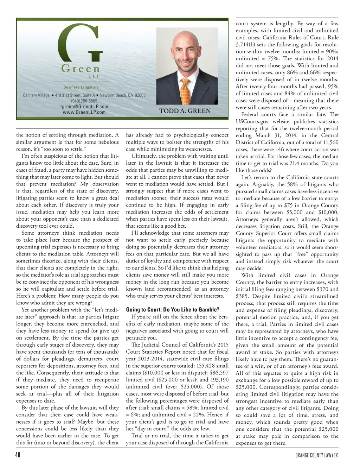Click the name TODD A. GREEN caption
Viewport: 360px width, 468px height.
pyautogui.click(x=185, y=111)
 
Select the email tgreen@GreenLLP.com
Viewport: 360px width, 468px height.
pyautogui.click(x=84, y=107)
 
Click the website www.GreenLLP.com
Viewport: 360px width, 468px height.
pyautogui.click(x=84, y=112)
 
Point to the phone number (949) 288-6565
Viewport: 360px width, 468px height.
pyautogui.click(x=84, y=101)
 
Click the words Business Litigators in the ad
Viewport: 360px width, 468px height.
pyautogui.click(x=81, y=87)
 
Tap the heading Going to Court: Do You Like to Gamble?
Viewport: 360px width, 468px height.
pyautogui.click(x=173, y=310)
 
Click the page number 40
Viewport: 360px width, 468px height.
pyautogui.click(x=18, y=455)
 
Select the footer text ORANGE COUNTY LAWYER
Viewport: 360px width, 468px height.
pyautogui.click(x=316, y=455)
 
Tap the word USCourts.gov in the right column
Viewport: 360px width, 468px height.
pyautogui.click(x=252, y=121)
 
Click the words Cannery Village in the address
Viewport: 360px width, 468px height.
pyautogui.click(x=36, y=95)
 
